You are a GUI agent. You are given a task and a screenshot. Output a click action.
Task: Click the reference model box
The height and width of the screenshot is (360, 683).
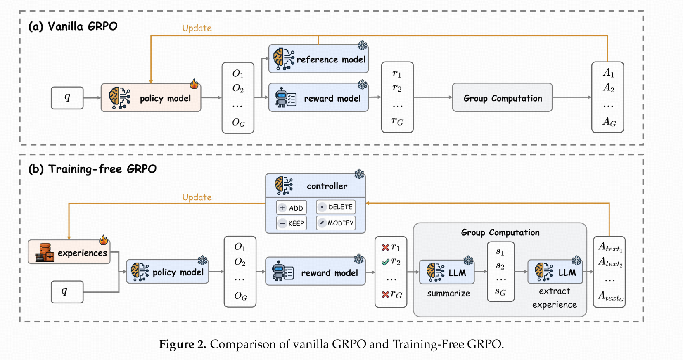(x=318, y=59)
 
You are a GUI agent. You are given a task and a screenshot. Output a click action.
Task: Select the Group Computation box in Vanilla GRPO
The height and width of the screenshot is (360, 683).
(x=502, y=98)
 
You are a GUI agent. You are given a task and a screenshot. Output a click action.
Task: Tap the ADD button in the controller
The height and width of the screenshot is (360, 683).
(x=292, y=208)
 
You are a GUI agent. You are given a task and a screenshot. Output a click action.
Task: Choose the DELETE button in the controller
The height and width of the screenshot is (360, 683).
(x=336, y=207)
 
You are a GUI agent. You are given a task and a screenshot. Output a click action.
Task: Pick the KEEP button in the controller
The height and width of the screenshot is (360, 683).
(x=292, y=223)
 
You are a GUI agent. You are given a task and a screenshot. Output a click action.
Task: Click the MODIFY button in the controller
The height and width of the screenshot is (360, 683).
(x=336, y=223)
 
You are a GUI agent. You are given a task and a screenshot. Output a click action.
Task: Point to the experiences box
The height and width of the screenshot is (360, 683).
(x=69, y=252)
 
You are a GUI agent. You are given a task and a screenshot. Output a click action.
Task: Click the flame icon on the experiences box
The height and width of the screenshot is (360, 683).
(x=104, y=240)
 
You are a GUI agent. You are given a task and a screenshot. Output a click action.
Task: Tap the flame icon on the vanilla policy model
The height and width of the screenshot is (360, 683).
(x=194, y=84)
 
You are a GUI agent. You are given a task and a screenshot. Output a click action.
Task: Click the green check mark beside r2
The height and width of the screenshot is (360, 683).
(x=385, y=262)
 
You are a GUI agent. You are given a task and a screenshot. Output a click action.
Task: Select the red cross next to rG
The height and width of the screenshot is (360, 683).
(x=385, y=294)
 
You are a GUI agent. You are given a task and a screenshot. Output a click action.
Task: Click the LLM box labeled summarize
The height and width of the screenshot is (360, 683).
(x=447, y=272)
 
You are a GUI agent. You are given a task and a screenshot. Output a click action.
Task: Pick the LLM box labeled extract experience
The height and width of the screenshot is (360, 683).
(x=555, y=272)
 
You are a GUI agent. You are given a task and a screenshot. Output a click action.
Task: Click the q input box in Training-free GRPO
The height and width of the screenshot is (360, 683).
(x=67, y=291)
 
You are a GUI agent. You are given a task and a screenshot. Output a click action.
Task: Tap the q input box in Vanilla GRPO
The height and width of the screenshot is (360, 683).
(x=67, y=98)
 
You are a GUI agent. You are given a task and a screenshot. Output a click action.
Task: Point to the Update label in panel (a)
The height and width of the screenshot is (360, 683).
(x=197, y=28)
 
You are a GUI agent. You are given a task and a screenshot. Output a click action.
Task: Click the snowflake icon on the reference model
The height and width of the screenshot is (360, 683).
(x=362, y=45)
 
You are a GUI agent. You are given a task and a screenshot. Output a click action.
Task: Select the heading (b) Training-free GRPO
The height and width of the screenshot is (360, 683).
(x=92, y=169)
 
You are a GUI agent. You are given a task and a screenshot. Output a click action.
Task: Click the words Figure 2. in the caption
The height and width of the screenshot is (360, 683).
(x=182, y=344)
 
